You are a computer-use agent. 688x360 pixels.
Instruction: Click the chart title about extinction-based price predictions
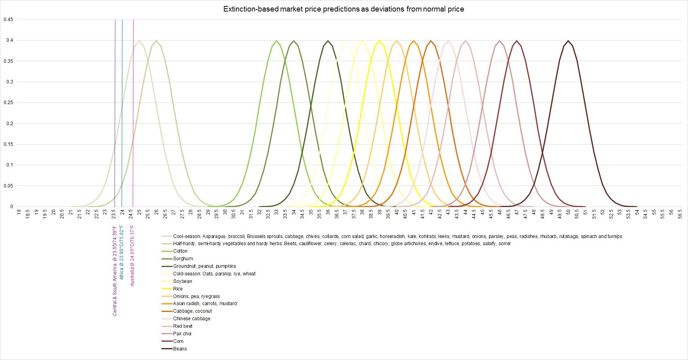(344, 9)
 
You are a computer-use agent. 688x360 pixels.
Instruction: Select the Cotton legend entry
(180, 251)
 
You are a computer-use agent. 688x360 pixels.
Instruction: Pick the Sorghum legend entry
(183, 259)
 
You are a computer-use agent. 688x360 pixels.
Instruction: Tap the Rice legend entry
(178, 289)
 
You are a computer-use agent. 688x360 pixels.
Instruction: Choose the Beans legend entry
(180, 349)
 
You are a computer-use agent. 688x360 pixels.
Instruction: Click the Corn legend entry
(178, 341)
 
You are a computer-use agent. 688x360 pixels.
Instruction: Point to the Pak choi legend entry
(182, 334)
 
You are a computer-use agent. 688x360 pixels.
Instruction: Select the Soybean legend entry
(182, 281)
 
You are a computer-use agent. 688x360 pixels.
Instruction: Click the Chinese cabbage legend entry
(191, 319)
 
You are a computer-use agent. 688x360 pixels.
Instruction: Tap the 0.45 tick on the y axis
(8, 19)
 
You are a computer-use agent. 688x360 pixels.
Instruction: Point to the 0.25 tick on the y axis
(8, 103)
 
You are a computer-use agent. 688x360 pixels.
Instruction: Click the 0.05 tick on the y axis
(8, 186)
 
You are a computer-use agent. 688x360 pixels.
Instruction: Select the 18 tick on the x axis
(19, 213)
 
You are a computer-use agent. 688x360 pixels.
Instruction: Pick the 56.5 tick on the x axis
(680, 214)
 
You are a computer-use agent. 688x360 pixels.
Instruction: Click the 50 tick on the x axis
(568, 213)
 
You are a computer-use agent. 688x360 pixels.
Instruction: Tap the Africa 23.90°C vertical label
(122, 252)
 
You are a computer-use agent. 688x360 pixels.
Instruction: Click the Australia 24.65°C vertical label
(132, 255)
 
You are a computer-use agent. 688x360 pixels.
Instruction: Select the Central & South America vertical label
(115, 271)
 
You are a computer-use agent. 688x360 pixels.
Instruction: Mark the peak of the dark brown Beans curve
(568, 41)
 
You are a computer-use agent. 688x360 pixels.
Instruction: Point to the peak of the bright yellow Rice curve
(380, 41)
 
